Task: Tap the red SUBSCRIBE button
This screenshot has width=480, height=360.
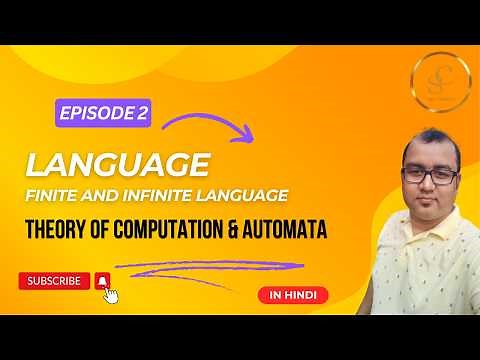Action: [x=54, y=281]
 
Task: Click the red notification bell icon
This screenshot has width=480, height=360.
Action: [x=101, y=281]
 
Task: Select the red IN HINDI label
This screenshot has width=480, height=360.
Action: [x=289, y=295]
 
